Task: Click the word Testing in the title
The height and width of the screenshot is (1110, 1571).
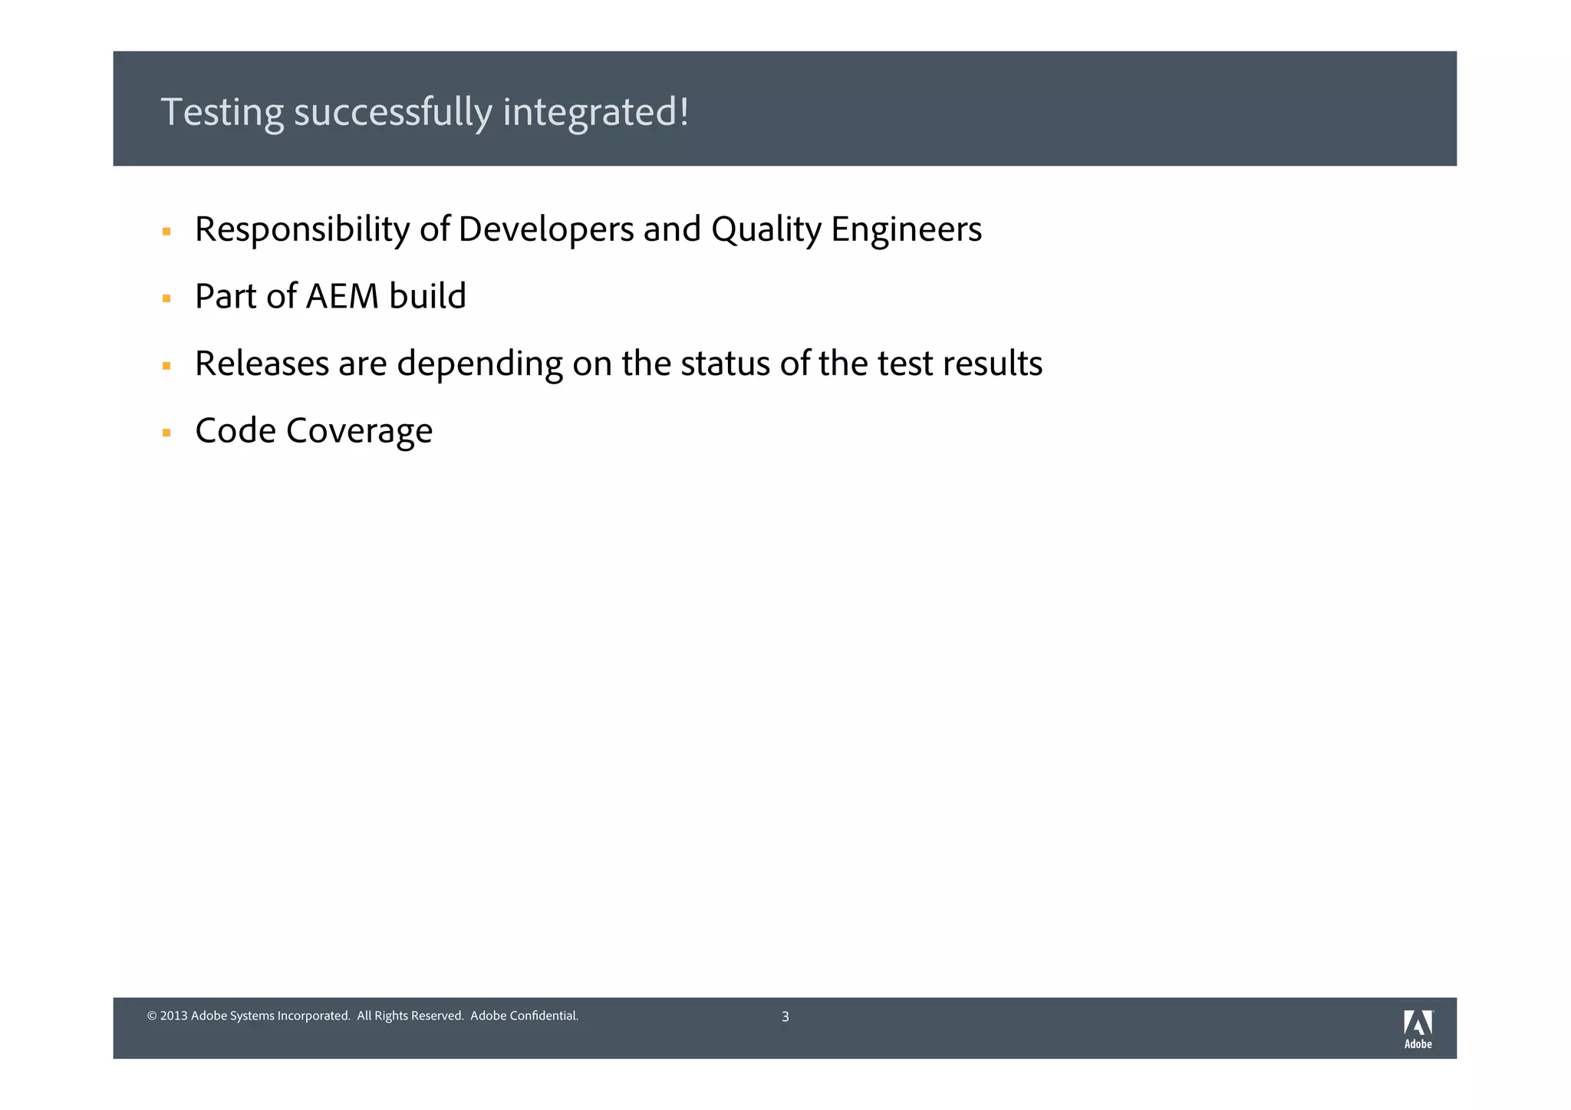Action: [222, 113]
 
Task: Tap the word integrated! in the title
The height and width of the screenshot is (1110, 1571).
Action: [595, 113]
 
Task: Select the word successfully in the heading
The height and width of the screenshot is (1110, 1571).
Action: [393, 113]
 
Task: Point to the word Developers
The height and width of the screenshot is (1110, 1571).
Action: [545, 229]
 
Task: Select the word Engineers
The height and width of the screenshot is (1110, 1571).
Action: [906, 229]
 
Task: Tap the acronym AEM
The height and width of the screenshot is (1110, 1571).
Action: [342, 296]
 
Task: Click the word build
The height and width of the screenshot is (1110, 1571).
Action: [427, 296]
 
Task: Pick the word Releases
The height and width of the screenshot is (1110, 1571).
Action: [262, 364]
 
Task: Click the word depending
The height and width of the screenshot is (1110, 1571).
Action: [479, 364]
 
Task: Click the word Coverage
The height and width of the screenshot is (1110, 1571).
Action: [359, 430]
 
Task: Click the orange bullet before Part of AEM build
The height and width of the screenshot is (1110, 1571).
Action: [166, 299]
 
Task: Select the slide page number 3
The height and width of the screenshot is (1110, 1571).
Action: [785, 1017]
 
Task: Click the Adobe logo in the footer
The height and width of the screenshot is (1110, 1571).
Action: [1418, 1029]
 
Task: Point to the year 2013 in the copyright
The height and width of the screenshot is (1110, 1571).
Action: [173, 1016]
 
